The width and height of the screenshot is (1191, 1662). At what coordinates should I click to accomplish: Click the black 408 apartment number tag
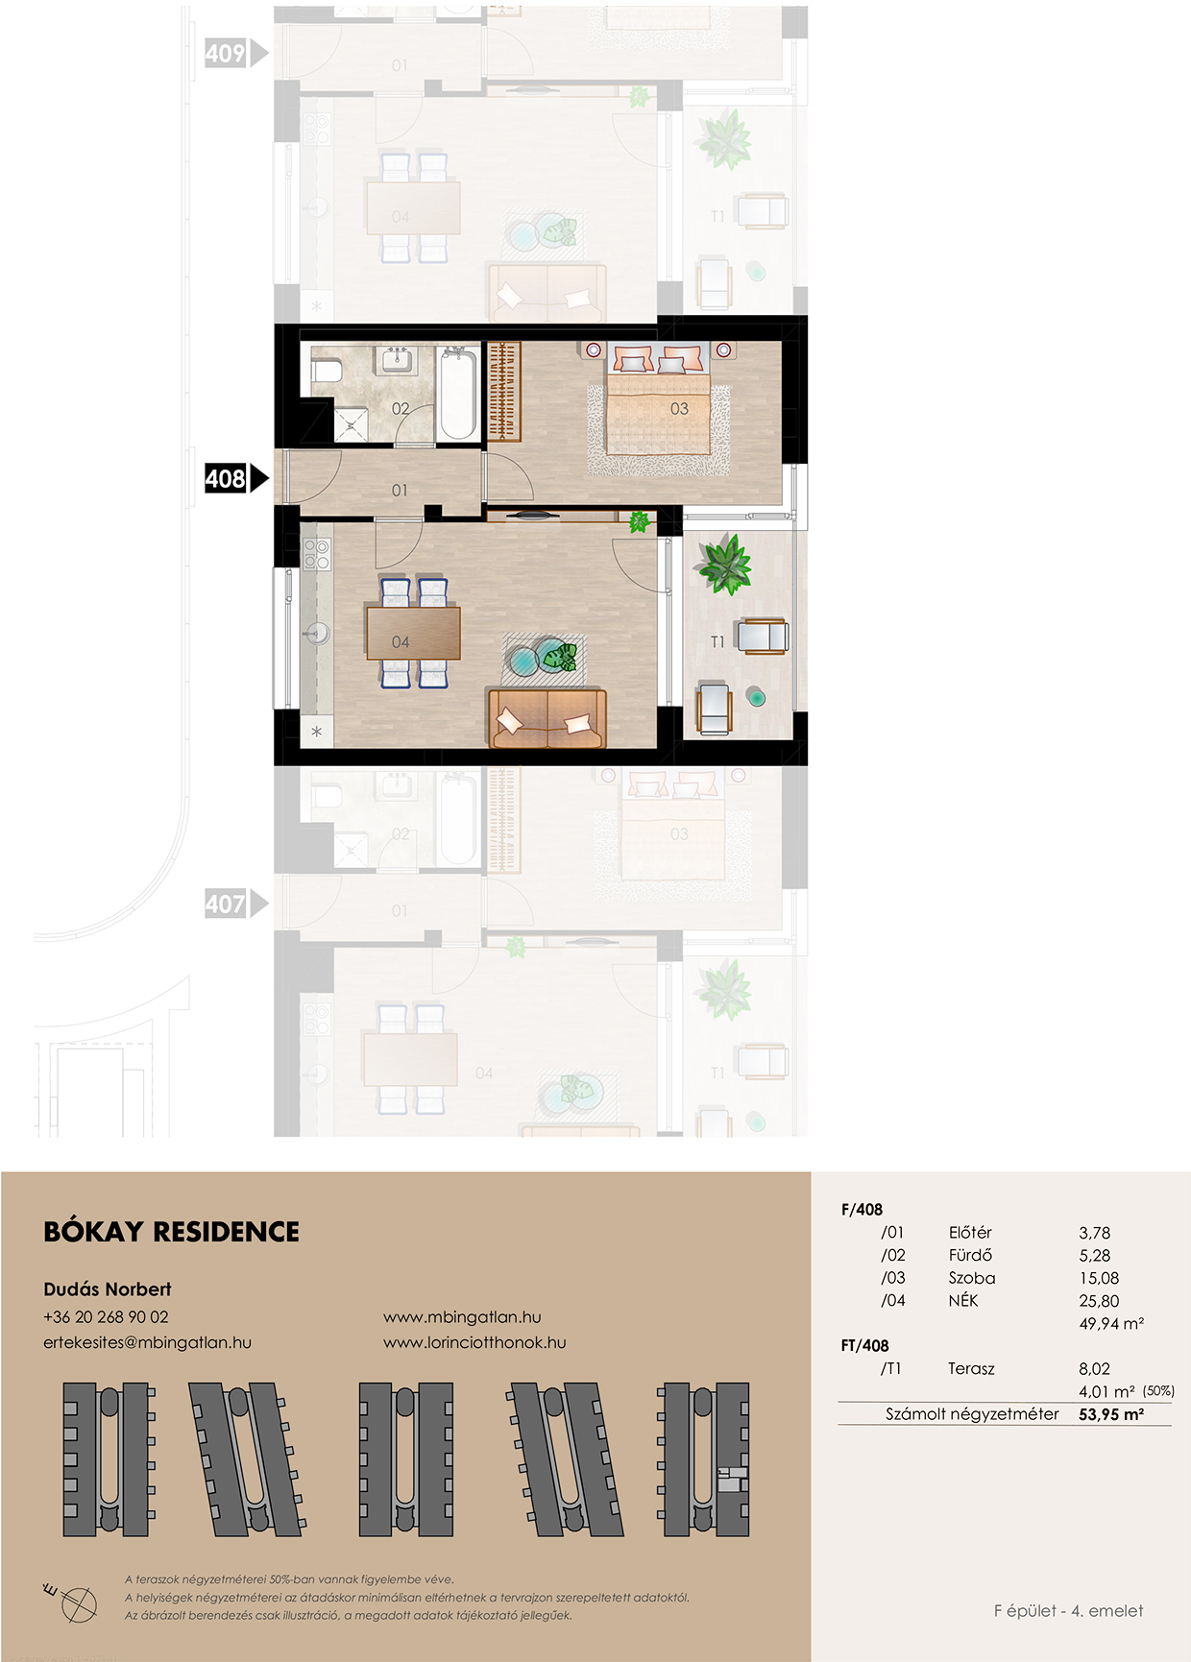click(x=235, y=478)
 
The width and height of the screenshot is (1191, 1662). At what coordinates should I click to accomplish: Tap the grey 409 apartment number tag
click(x=235, y=53)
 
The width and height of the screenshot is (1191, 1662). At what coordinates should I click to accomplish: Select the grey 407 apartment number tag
click(x=235, y=903)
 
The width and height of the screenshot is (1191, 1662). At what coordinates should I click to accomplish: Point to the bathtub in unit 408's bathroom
click(x=457, y=394)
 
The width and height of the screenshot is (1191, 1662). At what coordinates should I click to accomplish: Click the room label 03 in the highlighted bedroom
click(x=679, y=409)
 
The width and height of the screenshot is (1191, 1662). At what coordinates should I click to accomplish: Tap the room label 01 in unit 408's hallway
click(x=400, y=491)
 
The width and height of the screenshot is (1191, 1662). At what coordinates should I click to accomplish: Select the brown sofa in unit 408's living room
click(x=547, y=718)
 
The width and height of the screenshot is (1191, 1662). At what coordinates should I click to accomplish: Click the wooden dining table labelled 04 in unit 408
click(x=413, y=634)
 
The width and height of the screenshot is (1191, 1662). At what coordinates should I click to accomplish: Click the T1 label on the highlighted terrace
click(x=717, y=642)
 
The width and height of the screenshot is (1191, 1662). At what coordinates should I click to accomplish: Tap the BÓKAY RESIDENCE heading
click(x=172, y=1232)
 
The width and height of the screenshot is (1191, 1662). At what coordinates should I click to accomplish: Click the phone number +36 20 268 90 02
click(x=106, y=1317)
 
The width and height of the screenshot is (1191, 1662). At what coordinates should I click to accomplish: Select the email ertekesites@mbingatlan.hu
click(x=147, y=1342)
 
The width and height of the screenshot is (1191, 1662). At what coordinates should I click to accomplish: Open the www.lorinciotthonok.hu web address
click(x=474, y=1342)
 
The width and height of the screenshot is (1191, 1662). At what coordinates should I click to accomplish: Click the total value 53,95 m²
click(x=1111, y=1414)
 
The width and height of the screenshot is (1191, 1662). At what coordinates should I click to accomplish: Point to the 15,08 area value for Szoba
click(x=1099, y=1278)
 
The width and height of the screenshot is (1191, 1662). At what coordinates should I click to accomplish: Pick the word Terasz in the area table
click(x=971, y=1369)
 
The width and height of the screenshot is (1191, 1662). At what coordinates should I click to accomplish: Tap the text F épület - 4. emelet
click(x=1068, y=1611)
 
